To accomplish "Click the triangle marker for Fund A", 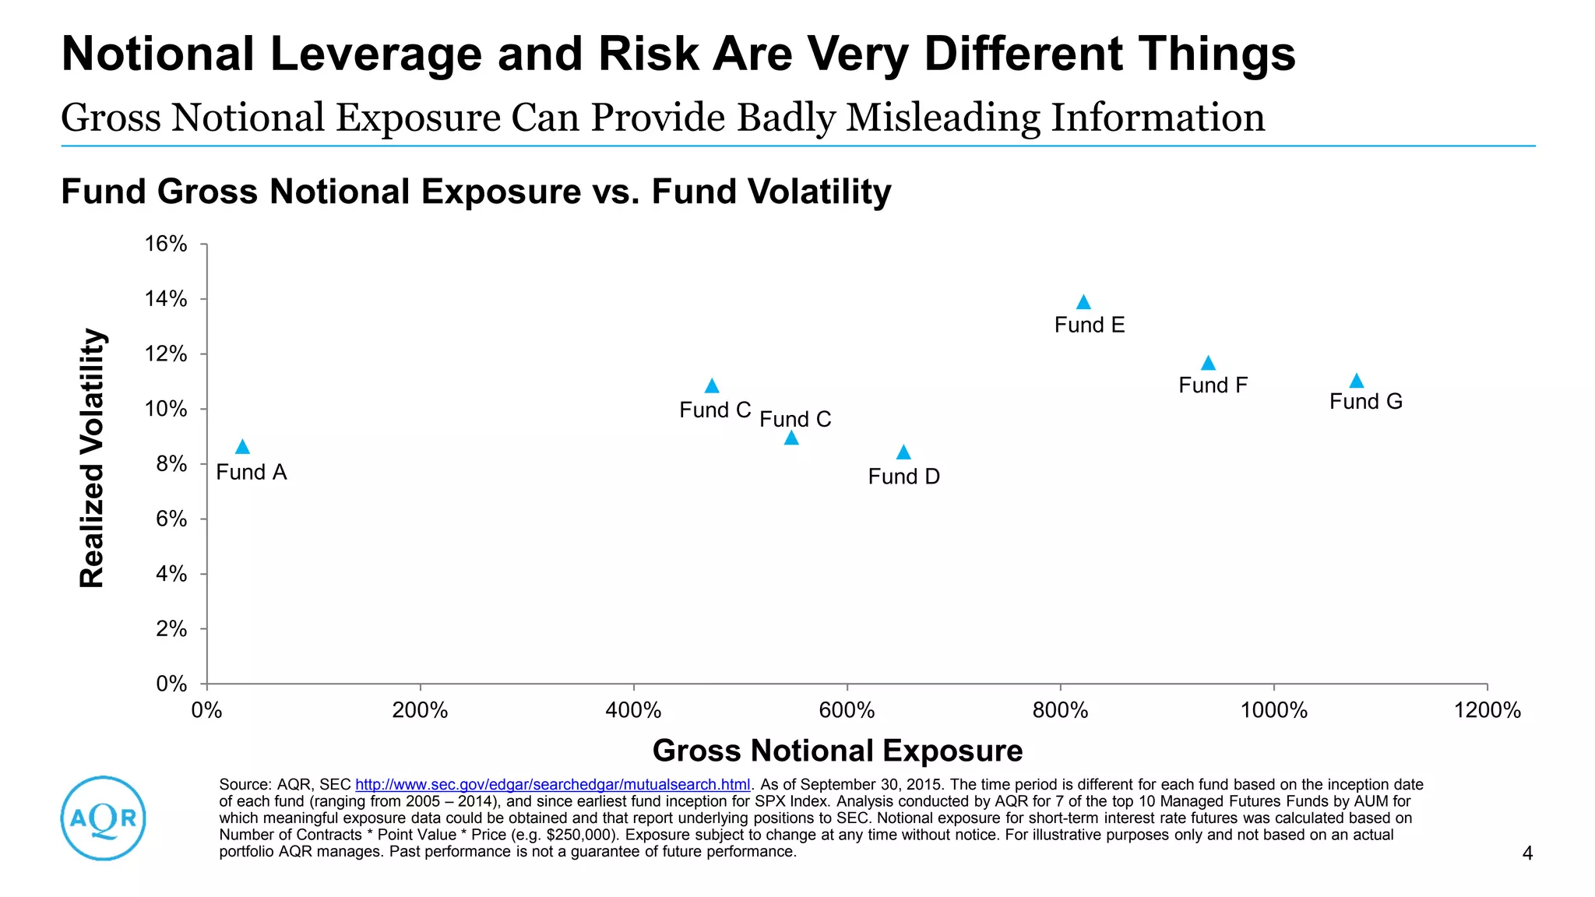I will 242,447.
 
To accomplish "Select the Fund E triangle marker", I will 1083,302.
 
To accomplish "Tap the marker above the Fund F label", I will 1208,364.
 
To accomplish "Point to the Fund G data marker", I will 1356,381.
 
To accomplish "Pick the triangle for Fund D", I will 903,452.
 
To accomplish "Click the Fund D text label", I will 903,477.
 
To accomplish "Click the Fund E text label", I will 1089,325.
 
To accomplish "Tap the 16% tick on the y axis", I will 166,244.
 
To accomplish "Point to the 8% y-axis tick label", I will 171,464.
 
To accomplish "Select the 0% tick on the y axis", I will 171,684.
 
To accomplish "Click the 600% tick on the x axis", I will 847,710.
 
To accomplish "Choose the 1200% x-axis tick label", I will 1487,710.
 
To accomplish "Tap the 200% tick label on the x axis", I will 420,710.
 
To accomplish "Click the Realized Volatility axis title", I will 92,458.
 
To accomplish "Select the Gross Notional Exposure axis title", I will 837,751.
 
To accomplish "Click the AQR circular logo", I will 104,818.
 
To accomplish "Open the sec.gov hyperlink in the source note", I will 552,785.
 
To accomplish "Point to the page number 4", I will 1527,853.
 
